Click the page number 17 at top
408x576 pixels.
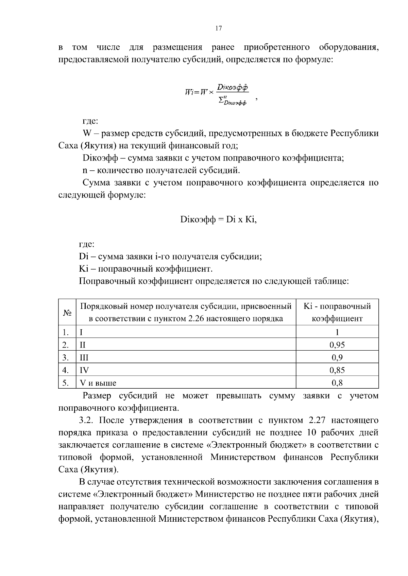(x=219, y=29)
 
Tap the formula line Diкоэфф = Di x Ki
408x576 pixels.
(x=218, y=220)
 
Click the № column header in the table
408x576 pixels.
(x=67, y=313)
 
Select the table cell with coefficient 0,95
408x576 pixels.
(x=337, y=345)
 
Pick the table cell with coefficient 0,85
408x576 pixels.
(x=337, y=370)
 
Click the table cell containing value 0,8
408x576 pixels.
(x=337, y=383)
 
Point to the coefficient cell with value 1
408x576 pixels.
(x=337, y=332)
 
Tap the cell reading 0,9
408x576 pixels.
(x=337, y=357)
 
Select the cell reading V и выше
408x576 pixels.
(x=98, y=383)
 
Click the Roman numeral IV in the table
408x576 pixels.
(x=84, y=370)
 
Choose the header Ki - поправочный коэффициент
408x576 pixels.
(x=337, y=313)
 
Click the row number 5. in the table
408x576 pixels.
(x=66, y=383)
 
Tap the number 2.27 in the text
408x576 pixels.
(x=317, y=421)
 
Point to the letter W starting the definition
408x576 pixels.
(x=86, y=133)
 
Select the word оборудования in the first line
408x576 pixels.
(x=349, y=47)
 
